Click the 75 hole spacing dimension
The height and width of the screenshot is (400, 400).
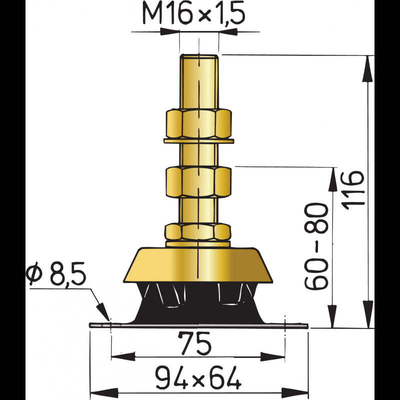[x=195, y=344]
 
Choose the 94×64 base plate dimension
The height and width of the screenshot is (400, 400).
[x=197, y=377]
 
